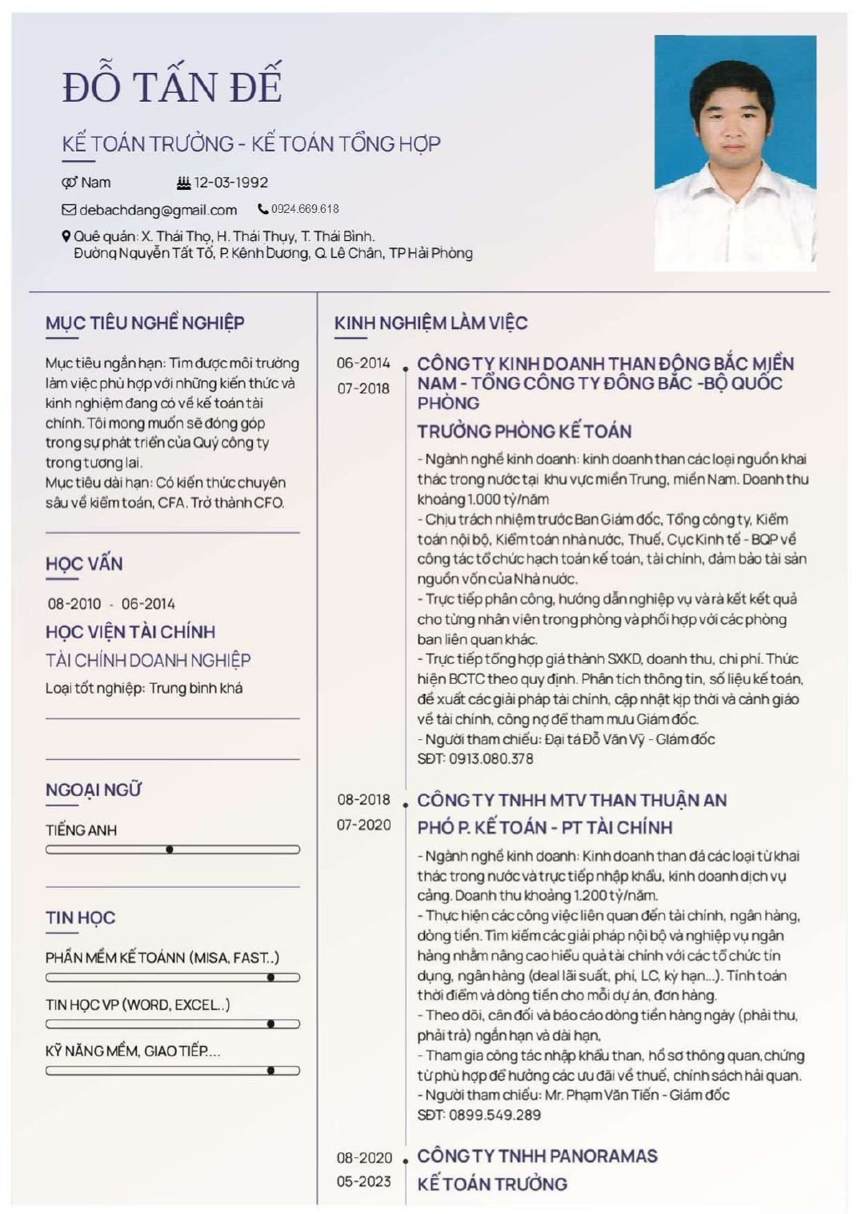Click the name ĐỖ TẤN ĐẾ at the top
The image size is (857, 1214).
[172, 86]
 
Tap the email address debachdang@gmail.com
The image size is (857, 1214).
[158, 210]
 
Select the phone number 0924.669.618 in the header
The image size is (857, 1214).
[305, 209]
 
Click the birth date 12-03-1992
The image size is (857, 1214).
[230, 183]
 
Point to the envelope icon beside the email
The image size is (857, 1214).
[69, 210]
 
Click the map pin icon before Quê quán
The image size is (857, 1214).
[66, 236]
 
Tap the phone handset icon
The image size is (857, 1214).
[262, 209]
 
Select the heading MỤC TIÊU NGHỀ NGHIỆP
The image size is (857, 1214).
[145, 323]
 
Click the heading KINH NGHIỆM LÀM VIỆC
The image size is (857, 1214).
[431, 323]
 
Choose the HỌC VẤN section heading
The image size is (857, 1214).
[84, 564]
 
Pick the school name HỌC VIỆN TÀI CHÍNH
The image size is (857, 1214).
[130, 632]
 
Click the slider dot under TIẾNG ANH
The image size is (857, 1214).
[170, 850]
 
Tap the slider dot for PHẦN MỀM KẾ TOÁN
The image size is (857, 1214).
[271, 977]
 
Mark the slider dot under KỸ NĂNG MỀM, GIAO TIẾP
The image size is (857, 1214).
[271, 1070]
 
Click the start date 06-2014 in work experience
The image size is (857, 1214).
[363, 363]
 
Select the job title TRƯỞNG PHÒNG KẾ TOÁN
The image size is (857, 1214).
[524, 431]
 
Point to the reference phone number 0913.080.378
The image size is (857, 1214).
[491, 758]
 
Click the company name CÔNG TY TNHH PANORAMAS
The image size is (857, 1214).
[537, 1156]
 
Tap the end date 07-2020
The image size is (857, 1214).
[363, 825]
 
